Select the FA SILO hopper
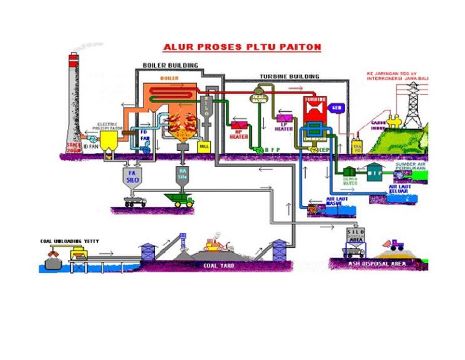(x=131, y=177)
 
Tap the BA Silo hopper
(x=183, y=175)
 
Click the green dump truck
(x=180, y=199)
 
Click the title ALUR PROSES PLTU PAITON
(x=242, y=47)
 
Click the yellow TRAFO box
(x=356, y=147)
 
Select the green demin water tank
(x=349, y=172)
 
